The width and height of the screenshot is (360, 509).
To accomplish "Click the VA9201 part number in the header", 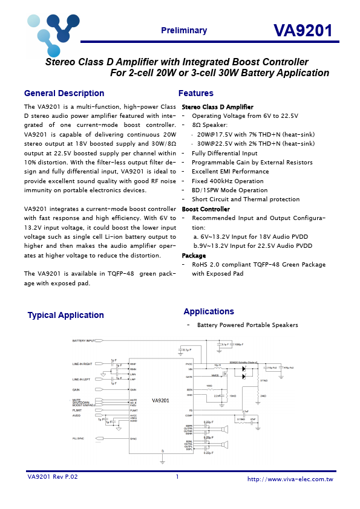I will (303, 31).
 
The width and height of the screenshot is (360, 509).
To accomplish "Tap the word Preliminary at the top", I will (184, 31).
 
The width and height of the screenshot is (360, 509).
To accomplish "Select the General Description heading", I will (64, 94).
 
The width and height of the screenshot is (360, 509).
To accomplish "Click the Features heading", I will (195, 94).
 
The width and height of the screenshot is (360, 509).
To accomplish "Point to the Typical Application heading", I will (65, 315).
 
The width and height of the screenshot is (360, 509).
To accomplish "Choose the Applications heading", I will (208, 311).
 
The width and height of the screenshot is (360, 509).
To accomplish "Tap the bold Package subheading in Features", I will (194, 256).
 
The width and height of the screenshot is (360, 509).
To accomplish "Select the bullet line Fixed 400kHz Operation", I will (227, 181).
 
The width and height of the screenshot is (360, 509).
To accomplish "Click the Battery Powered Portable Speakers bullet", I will (247, 325).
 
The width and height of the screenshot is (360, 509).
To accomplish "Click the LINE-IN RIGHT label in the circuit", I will (82, 364).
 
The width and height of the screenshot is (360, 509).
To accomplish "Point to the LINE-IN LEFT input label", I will (82, 379).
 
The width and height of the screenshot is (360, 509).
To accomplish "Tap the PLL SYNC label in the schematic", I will (79, 438).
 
